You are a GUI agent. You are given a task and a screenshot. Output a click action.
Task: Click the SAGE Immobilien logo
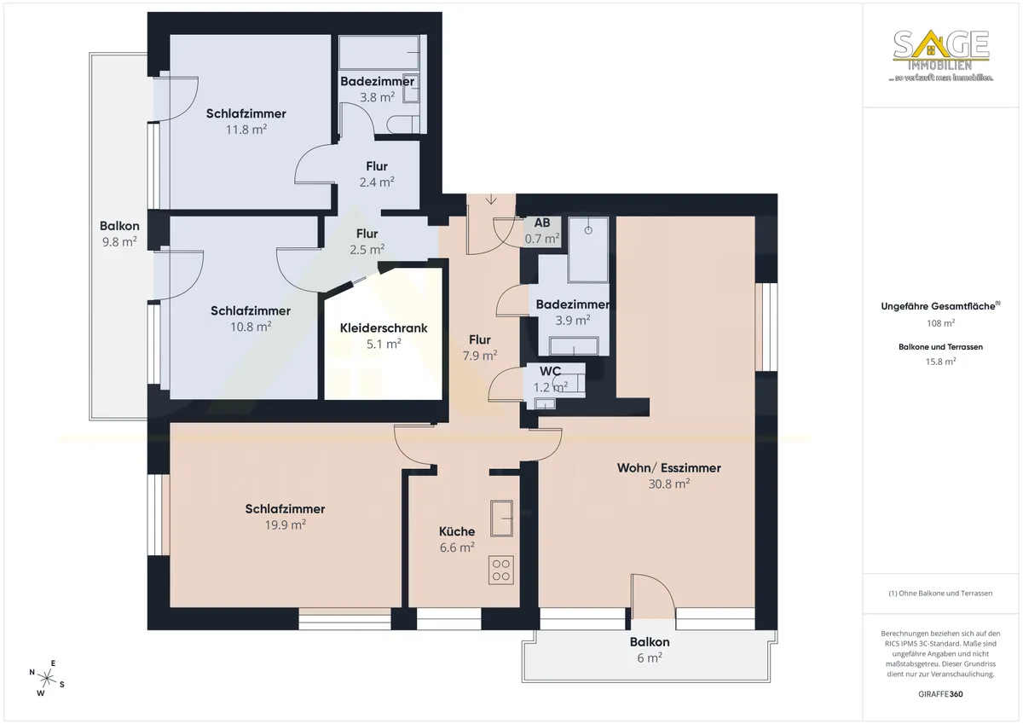click(941, 55)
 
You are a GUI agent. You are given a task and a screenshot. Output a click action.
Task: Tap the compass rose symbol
click(47, 678)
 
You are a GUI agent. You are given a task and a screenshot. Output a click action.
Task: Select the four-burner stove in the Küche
click(501, 570)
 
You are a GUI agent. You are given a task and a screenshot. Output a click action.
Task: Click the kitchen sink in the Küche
click(501, 518)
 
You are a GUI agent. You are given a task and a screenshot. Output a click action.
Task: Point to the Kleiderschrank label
click(384, 328)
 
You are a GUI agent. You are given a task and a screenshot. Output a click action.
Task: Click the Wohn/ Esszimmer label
click(669, 468)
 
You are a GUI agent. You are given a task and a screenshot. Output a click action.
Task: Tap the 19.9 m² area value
click(286, 524)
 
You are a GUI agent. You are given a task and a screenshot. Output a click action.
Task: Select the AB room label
click(542, 223)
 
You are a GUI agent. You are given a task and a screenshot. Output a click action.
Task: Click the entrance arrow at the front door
click(491, 199)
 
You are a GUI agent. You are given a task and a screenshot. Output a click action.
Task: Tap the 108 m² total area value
click(941, 323)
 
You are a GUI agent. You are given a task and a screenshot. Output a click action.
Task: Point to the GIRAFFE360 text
click(941, 694)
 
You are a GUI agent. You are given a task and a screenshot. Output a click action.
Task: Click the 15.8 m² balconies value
click(941, 362)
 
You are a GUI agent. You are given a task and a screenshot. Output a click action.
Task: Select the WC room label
click(551, 371)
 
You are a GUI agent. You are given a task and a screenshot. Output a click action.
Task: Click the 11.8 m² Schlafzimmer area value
click(246, 130)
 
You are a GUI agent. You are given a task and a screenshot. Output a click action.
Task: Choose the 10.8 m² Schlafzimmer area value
click(251, 327)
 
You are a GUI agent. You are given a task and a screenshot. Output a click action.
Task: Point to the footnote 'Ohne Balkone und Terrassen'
click(940, 593)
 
